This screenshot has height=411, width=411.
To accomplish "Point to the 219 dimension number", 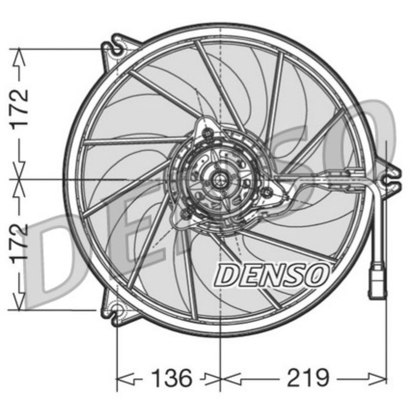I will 307,378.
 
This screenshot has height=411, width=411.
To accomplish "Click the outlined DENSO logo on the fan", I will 271,275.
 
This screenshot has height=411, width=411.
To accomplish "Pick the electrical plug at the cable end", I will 377,284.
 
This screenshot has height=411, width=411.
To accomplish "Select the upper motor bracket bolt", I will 207,134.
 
